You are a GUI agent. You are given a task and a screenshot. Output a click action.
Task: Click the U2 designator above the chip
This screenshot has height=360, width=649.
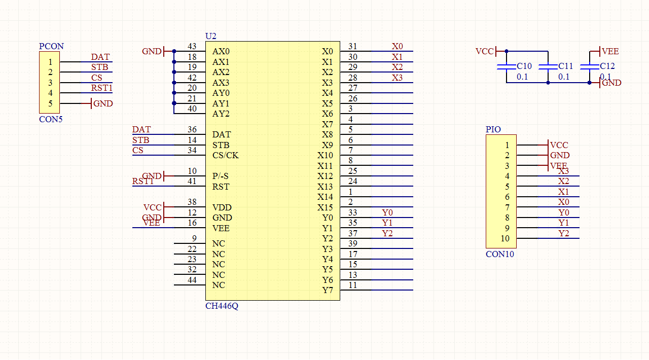coord(210,37)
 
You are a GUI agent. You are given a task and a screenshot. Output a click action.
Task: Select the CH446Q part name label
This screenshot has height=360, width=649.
coord(222,306)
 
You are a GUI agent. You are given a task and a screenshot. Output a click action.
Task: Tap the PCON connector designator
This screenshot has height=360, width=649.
coord(51,46)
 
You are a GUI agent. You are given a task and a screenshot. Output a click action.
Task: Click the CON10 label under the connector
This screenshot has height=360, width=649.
coord(499,254)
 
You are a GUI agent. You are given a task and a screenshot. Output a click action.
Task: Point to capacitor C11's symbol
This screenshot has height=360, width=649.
coord(548,67)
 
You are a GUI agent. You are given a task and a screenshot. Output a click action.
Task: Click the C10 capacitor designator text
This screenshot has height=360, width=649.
coord(524,66)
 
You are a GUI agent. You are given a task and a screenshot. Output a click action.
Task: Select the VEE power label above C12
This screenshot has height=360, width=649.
coord(610,51)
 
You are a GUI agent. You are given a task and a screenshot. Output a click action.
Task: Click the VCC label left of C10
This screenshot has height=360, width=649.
coord(485,51)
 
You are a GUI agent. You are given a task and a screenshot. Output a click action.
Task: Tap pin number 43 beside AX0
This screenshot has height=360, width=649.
coord(192,47)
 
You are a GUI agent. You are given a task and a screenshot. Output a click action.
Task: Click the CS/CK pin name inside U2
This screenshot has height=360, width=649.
coord(225,155)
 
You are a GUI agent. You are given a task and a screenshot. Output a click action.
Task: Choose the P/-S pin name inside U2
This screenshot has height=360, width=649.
coord(221,176)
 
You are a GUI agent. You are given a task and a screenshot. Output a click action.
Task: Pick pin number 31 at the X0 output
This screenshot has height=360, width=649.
coord(352,47)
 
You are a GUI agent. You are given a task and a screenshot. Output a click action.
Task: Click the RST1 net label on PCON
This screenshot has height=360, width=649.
coord(101,88)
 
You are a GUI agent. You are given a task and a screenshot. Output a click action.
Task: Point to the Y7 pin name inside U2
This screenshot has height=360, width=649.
coord(328,291)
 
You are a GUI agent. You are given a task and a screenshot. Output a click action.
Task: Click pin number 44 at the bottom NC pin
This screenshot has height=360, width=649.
coord(192,280)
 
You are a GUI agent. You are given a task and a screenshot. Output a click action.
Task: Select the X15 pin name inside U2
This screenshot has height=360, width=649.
coord(325,207)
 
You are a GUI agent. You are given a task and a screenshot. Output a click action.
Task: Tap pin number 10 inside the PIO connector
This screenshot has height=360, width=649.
coord(504,239)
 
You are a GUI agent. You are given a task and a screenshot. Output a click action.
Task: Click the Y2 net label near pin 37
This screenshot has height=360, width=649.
coord(387,233)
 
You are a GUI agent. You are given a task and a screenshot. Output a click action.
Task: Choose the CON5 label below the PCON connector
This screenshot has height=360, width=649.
coord(51,120)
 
